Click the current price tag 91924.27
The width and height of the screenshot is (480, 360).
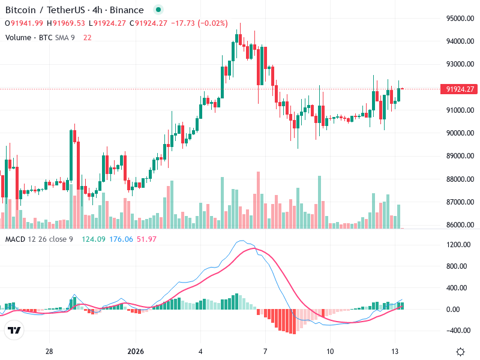(460, 89)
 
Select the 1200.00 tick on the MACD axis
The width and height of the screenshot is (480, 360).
(457, 245)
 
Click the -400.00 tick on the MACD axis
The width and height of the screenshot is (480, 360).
(457, 331)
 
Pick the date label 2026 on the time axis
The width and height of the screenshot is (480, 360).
(136, 352)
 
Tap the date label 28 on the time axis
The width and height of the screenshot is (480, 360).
(49, 352)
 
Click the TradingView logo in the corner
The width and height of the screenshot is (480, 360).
(14, 331)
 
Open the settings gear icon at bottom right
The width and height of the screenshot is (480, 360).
(460, 352)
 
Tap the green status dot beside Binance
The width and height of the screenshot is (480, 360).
(158, 10)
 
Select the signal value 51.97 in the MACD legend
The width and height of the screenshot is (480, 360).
(146, 239)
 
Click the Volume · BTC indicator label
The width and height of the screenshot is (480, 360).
(28, 38)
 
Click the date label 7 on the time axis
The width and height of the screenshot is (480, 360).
(265, 352)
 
